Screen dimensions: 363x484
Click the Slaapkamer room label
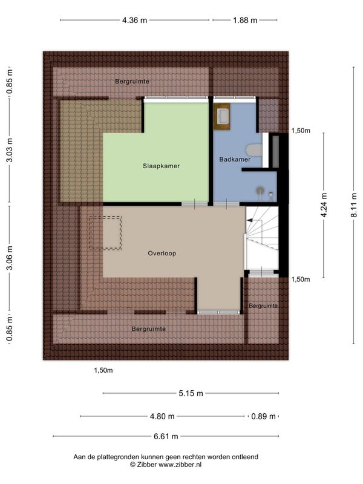pyautogui.click(x=161, y=166)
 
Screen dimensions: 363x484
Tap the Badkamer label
pyautogui.click(x=235, y=159)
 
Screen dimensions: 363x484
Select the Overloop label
pyautogui.click(x=162, y=253)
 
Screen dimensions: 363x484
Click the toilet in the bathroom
pyautogui.click(x=254, y=149)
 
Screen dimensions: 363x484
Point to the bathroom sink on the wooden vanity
pyautogui.click(x=222, y=116)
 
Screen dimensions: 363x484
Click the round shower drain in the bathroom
pyautogui.click(x=261, y=190)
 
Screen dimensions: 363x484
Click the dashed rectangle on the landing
pyautogui.click(x=105, y=233)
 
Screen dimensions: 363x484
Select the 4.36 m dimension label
pyautogui.click(x=134, y=21)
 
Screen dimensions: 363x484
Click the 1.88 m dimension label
pyautogui.click(x=245, y=21)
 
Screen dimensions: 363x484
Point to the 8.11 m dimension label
pyautogui.click(x=354, y=205)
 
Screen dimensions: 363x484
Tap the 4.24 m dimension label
pyautogui.click(x=324, y=205)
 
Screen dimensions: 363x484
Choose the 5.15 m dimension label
pyautogui.click(x=191, y=393)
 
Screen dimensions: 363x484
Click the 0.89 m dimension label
pyautogui.click(x=263, y=416)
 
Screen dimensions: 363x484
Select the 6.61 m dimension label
pyautogui.click(x=166, y=436)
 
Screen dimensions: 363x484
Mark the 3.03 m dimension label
pyautogui.click(x=10, y=150)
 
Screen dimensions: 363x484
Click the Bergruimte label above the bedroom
pyautogui.click(x=132, y=82)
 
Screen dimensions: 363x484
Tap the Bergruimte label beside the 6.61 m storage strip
pyautogui.click(x=149, y=329)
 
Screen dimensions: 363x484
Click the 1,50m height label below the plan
pyautogui.click(x=103, y=370)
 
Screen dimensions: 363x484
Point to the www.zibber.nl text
pyautogui.click(x=180, y=465)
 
